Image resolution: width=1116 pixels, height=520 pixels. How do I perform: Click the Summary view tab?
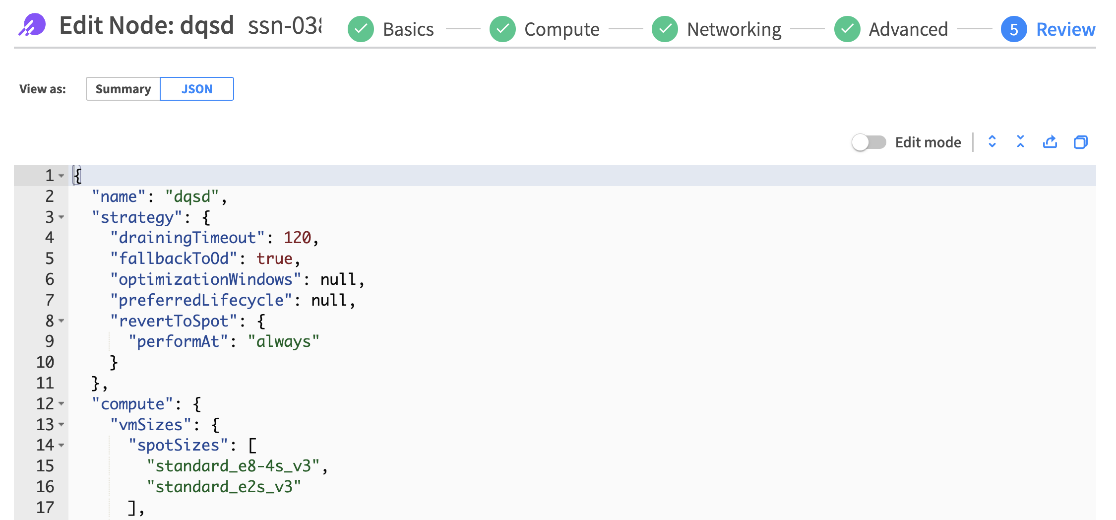point(123,89)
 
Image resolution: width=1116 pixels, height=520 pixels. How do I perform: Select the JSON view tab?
point(197,89)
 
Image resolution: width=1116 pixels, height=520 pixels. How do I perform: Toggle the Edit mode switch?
point(868,142)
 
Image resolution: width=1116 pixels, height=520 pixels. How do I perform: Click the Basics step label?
point(408,29)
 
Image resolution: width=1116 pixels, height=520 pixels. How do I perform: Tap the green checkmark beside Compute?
point(502,29)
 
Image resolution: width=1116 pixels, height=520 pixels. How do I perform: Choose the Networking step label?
point(734,29)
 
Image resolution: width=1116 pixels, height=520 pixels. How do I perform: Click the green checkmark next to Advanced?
point(847,29)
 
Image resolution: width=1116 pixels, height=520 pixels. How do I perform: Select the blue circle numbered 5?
point(1014,29)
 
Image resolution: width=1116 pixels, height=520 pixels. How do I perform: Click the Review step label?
point(1065,29)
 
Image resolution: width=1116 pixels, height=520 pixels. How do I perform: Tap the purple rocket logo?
point(32,25)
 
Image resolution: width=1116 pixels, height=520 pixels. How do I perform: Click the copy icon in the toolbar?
point(1080,142)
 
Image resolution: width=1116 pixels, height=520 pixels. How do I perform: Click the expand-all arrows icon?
point(992,142)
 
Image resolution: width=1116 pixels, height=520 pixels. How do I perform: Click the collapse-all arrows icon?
point(1020,142)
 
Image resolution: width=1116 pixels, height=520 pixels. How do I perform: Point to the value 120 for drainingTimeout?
point(297,238)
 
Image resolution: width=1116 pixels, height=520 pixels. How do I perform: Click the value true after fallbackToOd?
point(274,259)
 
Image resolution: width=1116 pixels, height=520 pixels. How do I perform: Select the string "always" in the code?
point(283,341)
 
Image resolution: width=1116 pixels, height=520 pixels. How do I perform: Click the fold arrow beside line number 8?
point(62,321)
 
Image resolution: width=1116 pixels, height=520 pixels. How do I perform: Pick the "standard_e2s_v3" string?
point(224,487)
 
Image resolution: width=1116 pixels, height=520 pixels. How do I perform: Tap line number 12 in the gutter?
point(45,404)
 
